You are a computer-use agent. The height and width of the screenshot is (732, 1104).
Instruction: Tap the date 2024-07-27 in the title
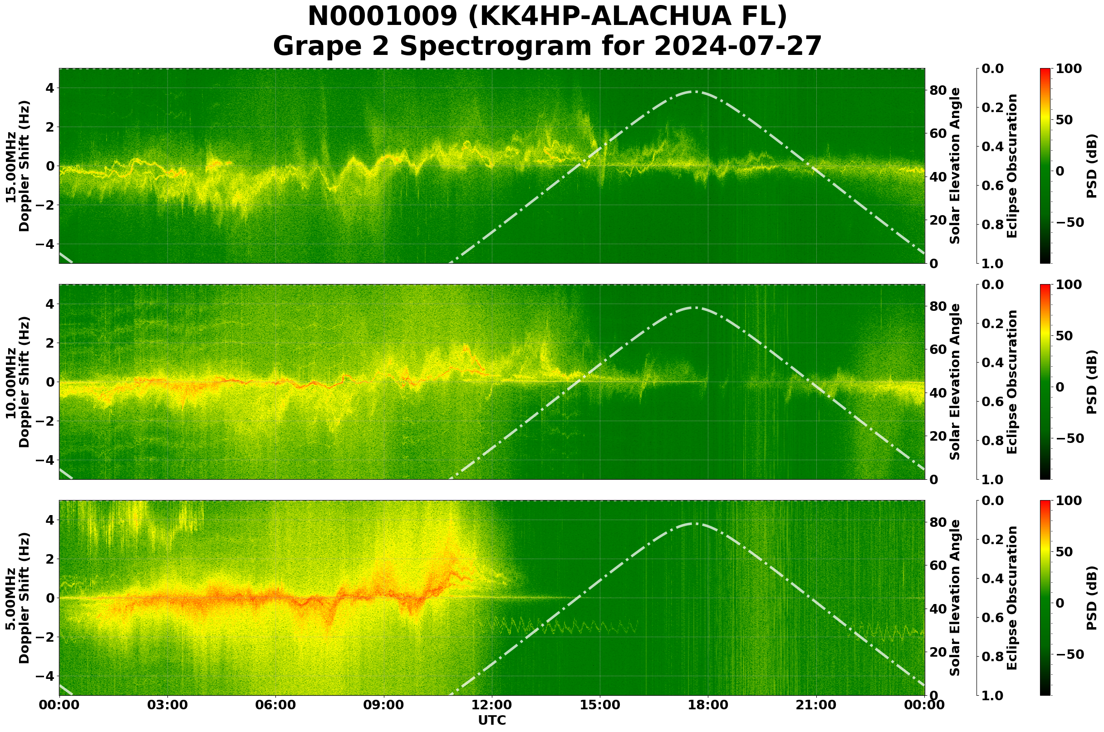(x=737, y=47)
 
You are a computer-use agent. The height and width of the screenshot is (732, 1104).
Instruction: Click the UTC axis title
(x=492, y=720)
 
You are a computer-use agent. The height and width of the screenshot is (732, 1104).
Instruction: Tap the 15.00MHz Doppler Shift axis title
(x=17, y=166)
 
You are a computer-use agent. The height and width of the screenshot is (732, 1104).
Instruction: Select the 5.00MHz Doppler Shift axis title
(x=17, y=598)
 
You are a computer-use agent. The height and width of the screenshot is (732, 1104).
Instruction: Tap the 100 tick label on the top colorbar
(x=1068, y=69)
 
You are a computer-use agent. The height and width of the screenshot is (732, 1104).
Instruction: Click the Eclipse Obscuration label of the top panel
(x=1011, y=166)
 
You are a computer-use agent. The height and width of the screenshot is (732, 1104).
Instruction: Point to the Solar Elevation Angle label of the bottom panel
(x=955, y=598)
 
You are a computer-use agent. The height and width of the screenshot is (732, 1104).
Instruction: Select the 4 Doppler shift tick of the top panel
(x=49, y=88)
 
